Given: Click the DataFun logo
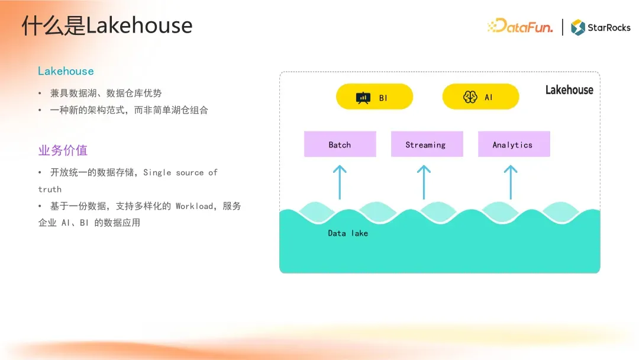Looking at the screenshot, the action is pos(521,26).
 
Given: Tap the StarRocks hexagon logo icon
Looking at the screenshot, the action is pos(577,27).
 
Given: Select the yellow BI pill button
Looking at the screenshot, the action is pos(374,97).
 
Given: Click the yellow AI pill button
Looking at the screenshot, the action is pos(480,97).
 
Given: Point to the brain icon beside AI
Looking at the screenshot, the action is pos(470,97).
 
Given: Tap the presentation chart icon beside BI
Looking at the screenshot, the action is pos(363,98).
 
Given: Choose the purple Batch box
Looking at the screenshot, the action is pos(340,144).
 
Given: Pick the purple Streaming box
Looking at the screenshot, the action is pos(427,144).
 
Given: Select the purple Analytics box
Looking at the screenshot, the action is pos(514,144).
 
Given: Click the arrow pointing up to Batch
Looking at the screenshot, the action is pos(340,182).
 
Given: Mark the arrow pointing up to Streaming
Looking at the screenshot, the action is pos(424,182).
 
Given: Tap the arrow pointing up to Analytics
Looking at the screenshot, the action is pos(511,182).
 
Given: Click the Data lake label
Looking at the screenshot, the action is pos(348,233).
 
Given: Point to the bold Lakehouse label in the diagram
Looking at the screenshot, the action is pos(569,89).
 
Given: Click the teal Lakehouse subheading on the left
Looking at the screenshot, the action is pos(66,71).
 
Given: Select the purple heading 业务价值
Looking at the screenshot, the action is pos(63,150).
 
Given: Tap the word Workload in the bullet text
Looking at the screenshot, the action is pos(194,206).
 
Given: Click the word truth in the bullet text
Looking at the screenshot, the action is pos(50,189).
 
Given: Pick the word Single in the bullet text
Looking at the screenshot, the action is pos(157,173).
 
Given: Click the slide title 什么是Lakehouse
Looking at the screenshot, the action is pos(106,25).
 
